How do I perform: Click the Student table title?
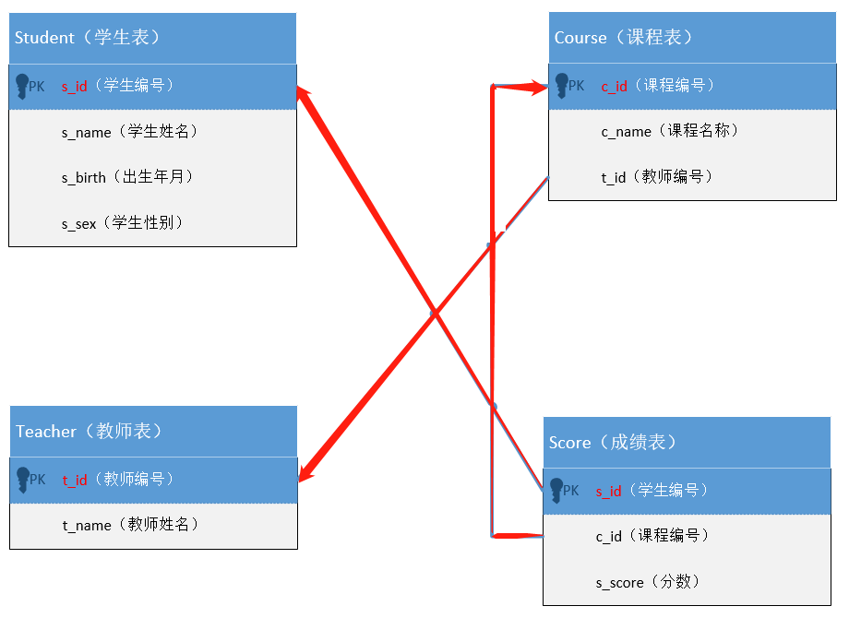88,38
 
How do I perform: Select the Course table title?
623,38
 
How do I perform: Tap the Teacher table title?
89,432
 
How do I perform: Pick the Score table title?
613,443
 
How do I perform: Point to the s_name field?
129,132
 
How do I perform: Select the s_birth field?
127,177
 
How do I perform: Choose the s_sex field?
123,222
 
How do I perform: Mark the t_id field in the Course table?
657,177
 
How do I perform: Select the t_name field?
130,525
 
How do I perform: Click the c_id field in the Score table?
652,536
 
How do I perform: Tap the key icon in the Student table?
23,87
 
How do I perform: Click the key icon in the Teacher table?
24,480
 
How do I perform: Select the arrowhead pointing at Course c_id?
538,88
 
